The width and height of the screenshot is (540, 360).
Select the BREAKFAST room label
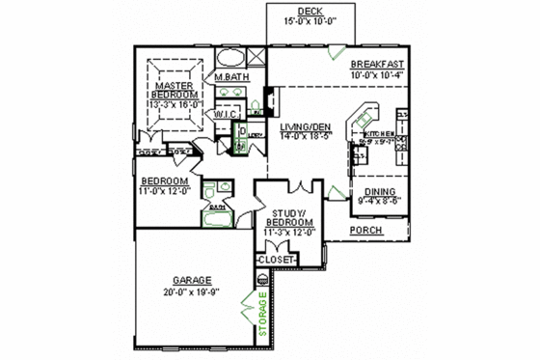[376, 63]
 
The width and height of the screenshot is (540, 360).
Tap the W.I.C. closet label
[227, 114]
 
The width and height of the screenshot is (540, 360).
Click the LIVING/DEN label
[307, 127]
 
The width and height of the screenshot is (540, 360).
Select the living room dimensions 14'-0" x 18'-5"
[307, 137]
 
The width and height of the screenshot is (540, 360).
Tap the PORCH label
[365, 232]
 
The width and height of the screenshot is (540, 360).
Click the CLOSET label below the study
[276, 260]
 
